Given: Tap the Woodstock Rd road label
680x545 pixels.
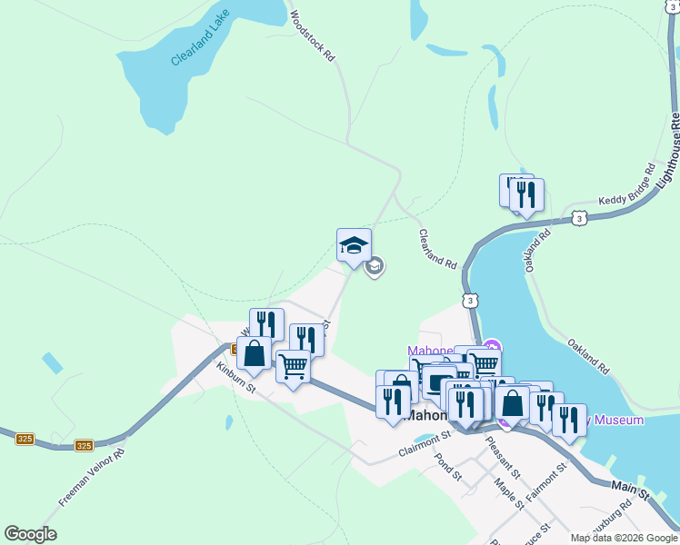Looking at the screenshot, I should pos(313,35).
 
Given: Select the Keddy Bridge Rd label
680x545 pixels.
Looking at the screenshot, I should pos(626,185).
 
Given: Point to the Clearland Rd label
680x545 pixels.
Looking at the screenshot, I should pos(437,248).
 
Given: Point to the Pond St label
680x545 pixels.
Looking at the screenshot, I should pos(448,466).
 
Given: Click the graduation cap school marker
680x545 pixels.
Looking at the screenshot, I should pos(354,245).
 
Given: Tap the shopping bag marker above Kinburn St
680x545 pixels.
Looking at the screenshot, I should pos(255,353).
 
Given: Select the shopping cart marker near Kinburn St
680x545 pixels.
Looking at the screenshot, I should pos(293,367).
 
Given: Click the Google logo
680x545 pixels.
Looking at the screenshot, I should pos(30,534).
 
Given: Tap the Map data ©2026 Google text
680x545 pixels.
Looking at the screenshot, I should pos(624,538).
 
